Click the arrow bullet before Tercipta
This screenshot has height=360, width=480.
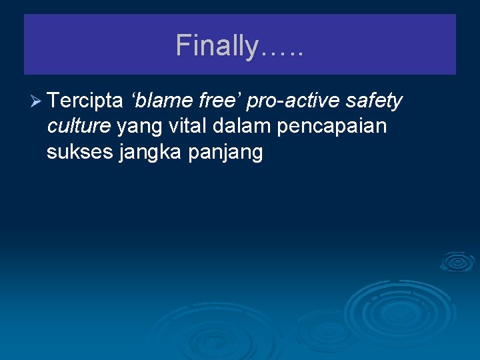(36, 101)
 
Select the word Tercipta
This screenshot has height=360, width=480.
(85, 101)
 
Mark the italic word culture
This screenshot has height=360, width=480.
(79, 126)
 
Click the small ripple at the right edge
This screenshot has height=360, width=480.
(457, 263)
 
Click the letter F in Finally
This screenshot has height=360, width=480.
(183, 46)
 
